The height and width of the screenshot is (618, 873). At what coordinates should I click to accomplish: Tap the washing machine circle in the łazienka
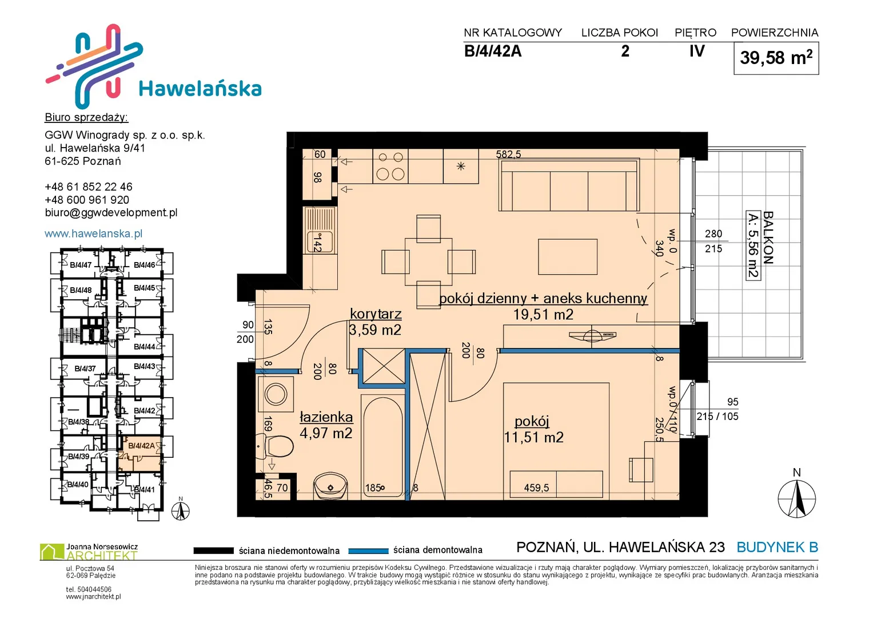276,394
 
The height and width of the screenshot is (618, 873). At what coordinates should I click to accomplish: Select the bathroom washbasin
330,486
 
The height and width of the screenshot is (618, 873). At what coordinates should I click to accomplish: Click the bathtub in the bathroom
382,446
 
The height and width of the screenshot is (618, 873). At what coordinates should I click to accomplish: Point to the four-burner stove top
390,166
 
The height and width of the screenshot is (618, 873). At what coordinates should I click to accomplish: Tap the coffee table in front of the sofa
568,257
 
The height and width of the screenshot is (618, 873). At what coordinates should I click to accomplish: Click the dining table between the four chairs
429,262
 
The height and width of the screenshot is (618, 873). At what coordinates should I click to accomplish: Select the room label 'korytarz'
376,314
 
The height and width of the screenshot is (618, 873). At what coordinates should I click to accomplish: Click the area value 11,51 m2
534,437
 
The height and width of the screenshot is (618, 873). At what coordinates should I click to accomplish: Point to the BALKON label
768,237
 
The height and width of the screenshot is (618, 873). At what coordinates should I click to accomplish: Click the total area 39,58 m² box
776,58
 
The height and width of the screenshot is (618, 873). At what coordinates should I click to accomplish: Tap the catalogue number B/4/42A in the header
493,51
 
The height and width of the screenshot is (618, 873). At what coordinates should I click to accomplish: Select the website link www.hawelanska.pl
94,233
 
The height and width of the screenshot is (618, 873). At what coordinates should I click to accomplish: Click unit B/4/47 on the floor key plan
81,266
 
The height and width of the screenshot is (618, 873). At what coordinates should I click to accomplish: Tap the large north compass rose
796,498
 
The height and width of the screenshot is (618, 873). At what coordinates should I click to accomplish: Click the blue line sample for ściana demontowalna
368,551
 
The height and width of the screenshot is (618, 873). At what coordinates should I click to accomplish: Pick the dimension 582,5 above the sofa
508,154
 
